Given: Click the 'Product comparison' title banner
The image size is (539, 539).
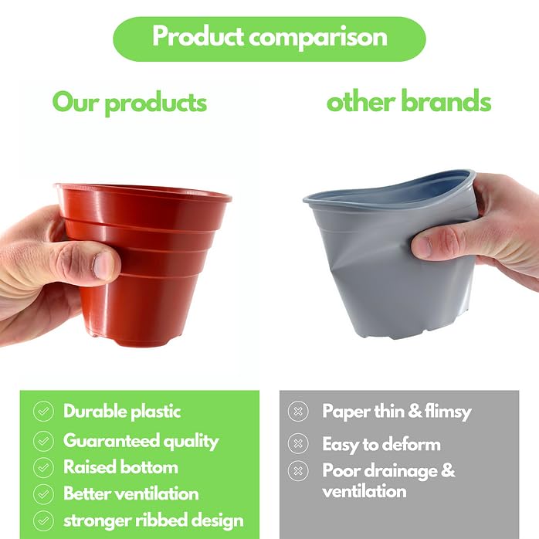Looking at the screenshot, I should tap(269, 38).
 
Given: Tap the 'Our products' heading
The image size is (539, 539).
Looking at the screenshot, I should tap(130, 102).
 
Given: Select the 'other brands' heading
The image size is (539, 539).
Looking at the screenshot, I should tap(408, 101).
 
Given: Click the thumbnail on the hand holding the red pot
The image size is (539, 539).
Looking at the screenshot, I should tap(105, 264).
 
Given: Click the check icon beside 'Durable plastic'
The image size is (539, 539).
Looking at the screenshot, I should tap(43, 412).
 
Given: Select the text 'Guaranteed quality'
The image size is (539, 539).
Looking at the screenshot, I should tap(141, 440).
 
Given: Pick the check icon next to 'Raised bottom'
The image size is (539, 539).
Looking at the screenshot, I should tap(43, 467).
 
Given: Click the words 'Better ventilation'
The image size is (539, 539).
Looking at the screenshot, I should tap(131, 493).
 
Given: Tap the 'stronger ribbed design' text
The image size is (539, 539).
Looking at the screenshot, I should tap(153, 520).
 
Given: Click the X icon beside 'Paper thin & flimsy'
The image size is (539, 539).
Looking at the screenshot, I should tap(297, 412).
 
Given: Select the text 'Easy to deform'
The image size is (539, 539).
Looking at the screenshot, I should tap(381, 444).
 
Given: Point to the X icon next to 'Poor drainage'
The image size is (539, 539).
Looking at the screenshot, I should tap(297, 470).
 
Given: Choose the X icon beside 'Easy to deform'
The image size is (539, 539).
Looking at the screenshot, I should tap(297, 444).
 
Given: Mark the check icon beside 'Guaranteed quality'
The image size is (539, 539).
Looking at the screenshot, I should tap(43, 440).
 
